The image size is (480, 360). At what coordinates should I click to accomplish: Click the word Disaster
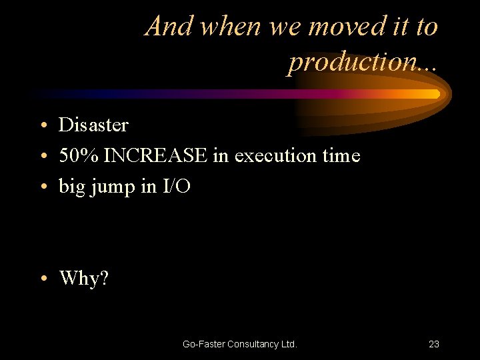(x=93, y=125)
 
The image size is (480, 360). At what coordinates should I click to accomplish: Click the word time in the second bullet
(x=341, y=156)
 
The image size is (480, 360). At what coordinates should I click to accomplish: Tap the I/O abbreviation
(x=177, y=187)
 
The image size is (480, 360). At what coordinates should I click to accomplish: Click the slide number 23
(x=433, y=344)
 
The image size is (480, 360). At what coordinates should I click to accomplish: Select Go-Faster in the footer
(x=203, y=344)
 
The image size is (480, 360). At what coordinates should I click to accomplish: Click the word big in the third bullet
(x=71, y=188)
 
